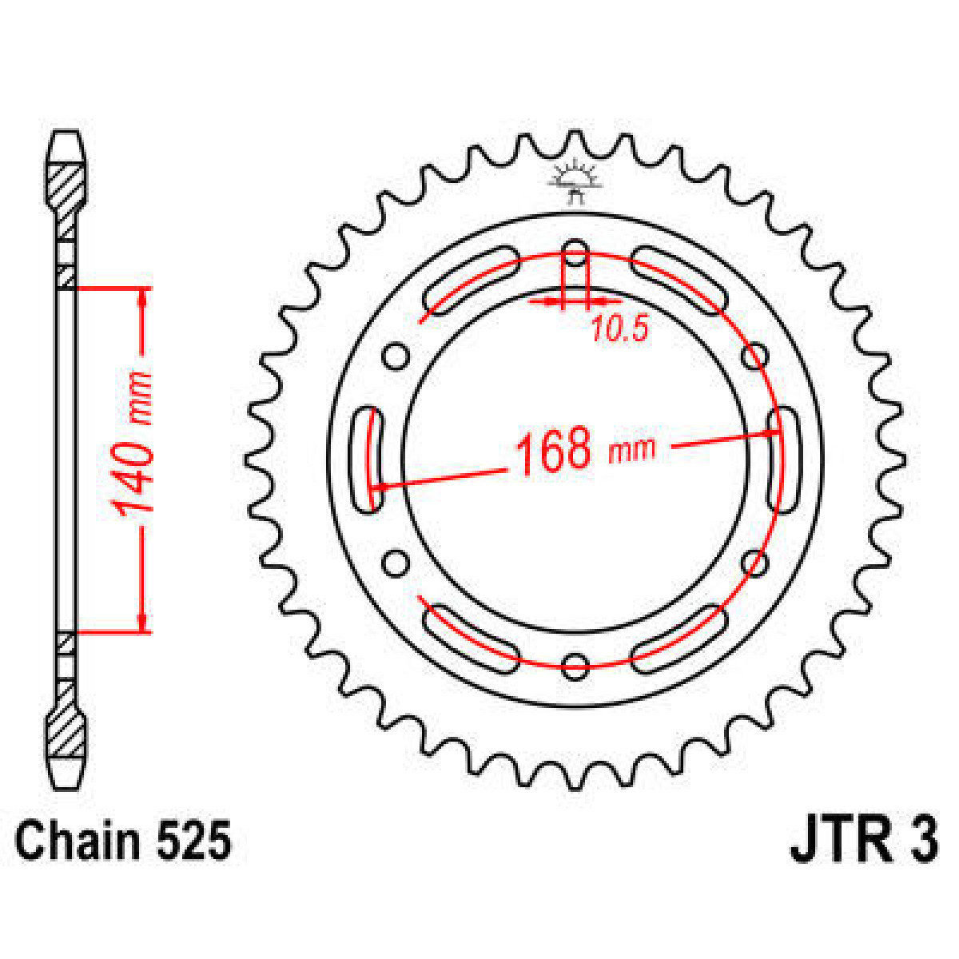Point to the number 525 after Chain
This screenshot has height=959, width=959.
pyautogui.click(x=193, y=842)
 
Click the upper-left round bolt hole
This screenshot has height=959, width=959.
pyautogui.click(x=396, y=356)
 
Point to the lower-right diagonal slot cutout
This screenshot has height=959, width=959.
pyautogui.click(x=680, y=636)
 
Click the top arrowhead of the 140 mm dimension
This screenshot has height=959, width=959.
pyautogui.click(x=143, y=296)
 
